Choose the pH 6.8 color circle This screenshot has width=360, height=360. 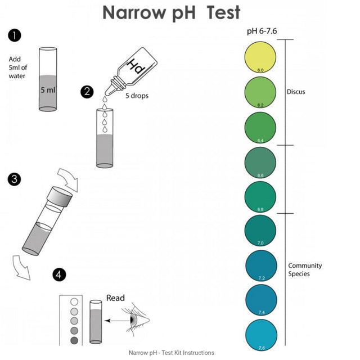260,196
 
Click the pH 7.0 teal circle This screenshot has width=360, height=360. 260,231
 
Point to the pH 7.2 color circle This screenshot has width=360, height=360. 260,265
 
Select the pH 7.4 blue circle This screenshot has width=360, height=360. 260,300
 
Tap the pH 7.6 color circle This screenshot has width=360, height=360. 260,334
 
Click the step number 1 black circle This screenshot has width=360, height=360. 15,36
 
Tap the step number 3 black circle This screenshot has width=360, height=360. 15,179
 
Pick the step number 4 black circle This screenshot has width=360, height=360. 59,274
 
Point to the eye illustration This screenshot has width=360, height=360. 137,319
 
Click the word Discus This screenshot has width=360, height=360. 295,92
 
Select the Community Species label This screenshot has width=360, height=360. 304,269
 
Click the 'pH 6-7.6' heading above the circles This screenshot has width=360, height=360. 262,31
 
